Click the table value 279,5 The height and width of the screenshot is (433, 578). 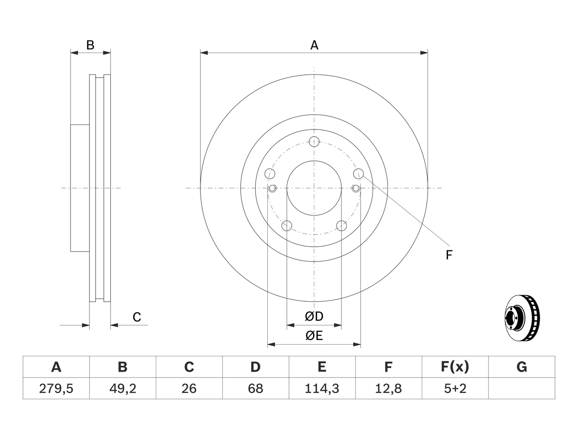[x=56, y=388]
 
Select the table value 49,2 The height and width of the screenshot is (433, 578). [x=123, y=388]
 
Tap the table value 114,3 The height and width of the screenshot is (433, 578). [x=322, y=388]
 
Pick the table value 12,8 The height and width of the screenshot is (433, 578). [x=388, y=388]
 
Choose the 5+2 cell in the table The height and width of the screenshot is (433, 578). [x=455, y=388]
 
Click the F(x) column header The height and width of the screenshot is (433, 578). [x=455, y=367]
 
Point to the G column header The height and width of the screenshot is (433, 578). [x=522, y=367]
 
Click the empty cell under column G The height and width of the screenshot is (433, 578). [x=522, y=388]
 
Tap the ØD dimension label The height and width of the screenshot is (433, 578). [x=314, y=316]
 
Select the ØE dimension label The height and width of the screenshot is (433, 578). [x=314, y=336]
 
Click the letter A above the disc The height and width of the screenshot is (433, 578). [x=314, y=45]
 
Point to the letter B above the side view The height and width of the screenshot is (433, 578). [x=90, y=45]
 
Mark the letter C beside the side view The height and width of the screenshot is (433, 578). [x=137, y=317]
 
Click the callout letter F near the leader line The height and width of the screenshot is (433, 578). [x=449, y=255]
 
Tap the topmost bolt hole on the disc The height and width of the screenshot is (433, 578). [x=314, y=142]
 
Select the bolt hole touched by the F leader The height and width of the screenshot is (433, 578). [x=358, y=174]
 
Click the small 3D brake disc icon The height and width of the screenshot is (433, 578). [x=522, y=318]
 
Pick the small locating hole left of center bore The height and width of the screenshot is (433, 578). [x=272, y=188]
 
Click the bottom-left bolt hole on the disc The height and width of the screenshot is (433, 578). [x=287, y=226]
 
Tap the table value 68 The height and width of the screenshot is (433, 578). [x=256, y=388]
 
